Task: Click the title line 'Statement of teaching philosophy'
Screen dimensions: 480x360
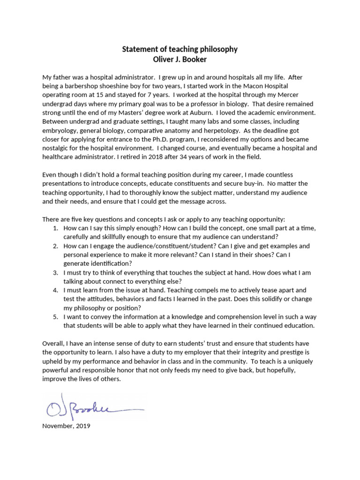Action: tap(180, 49)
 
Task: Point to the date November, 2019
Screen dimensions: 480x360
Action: tap(66, 427)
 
